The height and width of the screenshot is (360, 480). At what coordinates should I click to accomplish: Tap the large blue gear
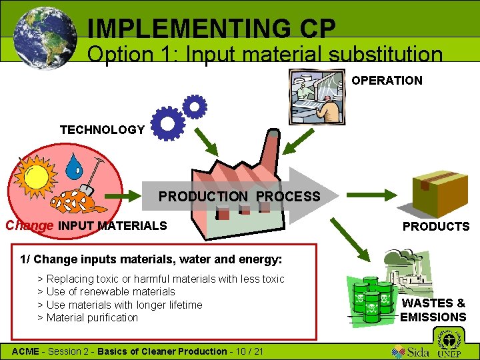168,123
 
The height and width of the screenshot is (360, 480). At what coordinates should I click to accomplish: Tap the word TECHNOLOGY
102,130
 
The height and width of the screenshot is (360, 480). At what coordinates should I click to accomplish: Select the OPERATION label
387,81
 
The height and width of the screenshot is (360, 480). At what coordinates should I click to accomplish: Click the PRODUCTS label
436,227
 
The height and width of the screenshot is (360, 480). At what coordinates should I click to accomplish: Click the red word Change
29,225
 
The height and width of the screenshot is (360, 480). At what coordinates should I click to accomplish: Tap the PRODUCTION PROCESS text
239,197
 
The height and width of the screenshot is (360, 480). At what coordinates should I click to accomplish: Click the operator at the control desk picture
317,96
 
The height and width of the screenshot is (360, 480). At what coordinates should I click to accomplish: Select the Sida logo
410,350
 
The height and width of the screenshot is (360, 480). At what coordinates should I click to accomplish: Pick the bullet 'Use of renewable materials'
111,292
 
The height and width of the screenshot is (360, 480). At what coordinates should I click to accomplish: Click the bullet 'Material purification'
92,317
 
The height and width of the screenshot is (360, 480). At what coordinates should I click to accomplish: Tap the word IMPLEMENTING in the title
185,28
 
